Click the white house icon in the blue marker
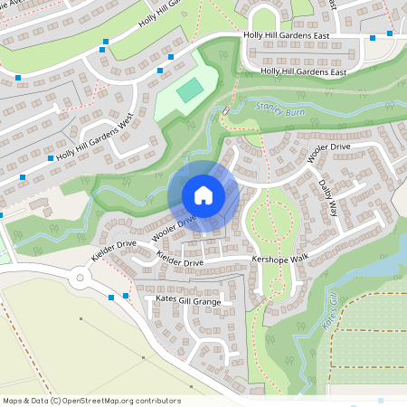203,195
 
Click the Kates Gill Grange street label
188,298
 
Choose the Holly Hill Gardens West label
94,143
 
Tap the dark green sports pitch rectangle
189,90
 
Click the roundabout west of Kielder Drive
87,278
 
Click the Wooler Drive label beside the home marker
175,226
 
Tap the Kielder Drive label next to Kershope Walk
180,261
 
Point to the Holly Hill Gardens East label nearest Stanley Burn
303,71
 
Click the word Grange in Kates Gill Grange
207,298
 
